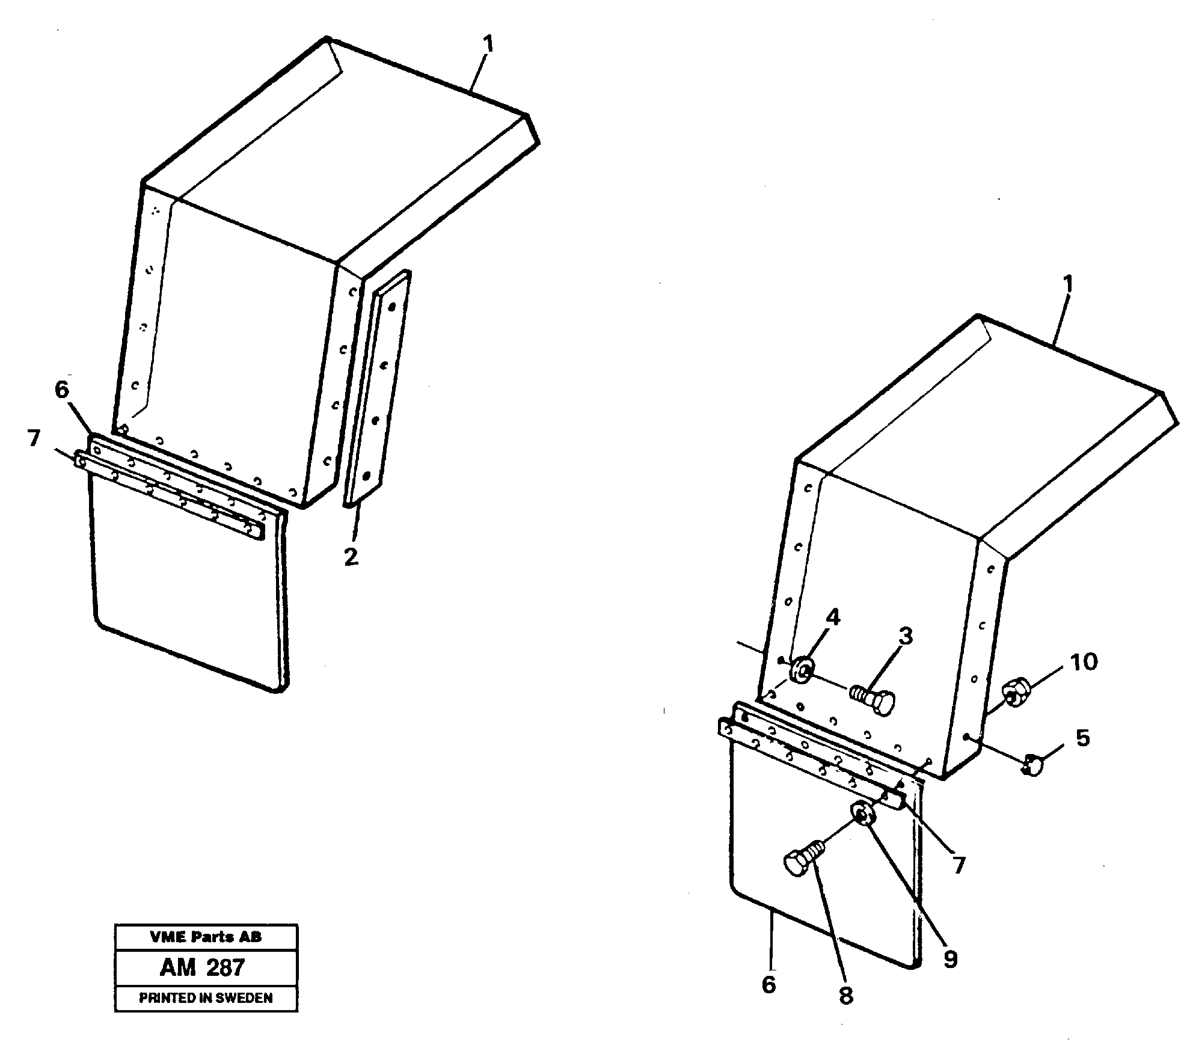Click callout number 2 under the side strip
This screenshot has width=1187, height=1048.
351,556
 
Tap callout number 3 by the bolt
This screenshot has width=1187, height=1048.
906,636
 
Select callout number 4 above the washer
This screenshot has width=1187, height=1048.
832,617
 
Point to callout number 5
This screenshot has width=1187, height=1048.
1082,738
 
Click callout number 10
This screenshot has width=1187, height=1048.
1084,662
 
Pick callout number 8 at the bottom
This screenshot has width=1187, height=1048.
846,996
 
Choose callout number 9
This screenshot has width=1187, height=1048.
949,959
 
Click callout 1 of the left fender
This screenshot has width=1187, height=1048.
488,44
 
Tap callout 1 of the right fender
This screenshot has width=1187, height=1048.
1067,284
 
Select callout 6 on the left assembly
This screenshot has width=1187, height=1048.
62,390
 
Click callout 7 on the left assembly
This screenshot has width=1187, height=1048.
34,438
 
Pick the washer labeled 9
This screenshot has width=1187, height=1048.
863,815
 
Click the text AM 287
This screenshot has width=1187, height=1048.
203,967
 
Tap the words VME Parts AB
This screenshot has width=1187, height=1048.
206,937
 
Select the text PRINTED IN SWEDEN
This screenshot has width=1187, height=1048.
206,998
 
